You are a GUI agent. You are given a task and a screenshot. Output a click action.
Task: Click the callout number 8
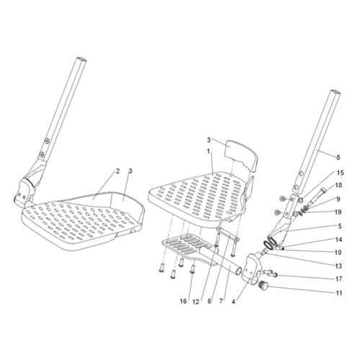pyautogui.click(x=338, y=158)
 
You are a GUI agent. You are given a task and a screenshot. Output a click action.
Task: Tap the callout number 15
pyautogui.click(x=340, y=173)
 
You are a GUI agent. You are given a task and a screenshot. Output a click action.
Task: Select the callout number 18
pyautogui.click(x=338, y=185)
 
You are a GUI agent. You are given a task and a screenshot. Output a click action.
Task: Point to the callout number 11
pyautogui.click(x=338, y=293)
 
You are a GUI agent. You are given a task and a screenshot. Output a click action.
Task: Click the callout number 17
pyautogui.click(x=338, y=279)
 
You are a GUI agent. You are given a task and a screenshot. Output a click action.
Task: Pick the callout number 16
pyautogui.click(x=183, y=301)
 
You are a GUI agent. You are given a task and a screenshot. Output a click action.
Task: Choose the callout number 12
pyautogui.click(x=196, y=302)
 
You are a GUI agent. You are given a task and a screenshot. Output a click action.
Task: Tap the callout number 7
pyautogui.click(x=221, y=301)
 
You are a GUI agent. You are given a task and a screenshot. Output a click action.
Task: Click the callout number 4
pyautogui.click(x=233, y=302)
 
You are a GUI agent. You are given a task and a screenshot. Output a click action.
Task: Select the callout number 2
pyautogui.click(x=117, y=171)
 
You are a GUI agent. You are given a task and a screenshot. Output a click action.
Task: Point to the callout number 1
pyautogui.click(x=208, y=151)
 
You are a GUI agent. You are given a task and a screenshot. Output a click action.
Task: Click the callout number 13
pyautogui.click(x=338, y=266)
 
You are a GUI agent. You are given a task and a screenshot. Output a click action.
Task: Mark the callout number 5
pyautogui.click(x=338, y=226)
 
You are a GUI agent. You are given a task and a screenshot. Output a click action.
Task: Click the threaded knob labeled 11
pyautogui.click(x=263, y=286)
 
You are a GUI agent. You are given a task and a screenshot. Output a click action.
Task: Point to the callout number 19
pyautogui.click(x=338, y=212)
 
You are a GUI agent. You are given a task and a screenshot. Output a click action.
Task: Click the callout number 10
pyautogui.click(x=338, y=253)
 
